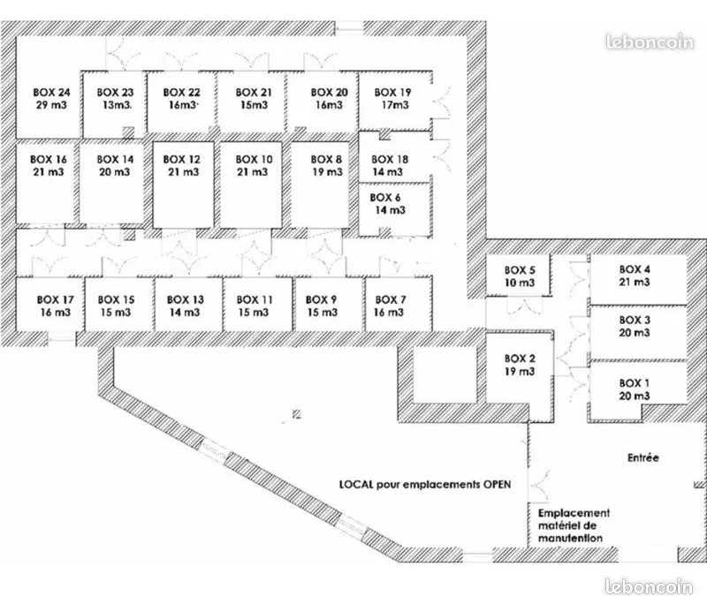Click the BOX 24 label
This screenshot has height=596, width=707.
point(51,93)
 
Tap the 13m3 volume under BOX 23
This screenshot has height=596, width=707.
point(116,105)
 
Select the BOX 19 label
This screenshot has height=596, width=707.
point(392,93)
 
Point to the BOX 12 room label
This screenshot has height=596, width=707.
point(181,159)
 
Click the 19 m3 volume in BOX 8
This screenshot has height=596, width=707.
point(327,171)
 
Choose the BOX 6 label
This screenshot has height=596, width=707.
point(384,197)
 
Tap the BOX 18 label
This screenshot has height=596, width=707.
point(390,159)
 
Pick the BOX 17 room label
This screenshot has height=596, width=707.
point(55,299)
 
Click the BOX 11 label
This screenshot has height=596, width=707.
point(254,299)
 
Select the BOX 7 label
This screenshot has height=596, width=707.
point(391,299)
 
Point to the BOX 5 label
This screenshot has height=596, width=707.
point(520,270)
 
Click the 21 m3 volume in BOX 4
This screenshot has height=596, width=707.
point(635,282)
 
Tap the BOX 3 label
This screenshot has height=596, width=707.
point(635,320)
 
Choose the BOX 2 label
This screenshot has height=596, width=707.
point(520,358)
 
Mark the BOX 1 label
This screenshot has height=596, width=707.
point(634,383)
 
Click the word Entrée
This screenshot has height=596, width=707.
point(643,457)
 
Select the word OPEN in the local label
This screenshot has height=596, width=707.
point(497,484)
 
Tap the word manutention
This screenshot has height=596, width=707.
point(570,538)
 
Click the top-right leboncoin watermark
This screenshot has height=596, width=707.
point(650,41)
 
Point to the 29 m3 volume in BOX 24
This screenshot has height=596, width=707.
point(51,105)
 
